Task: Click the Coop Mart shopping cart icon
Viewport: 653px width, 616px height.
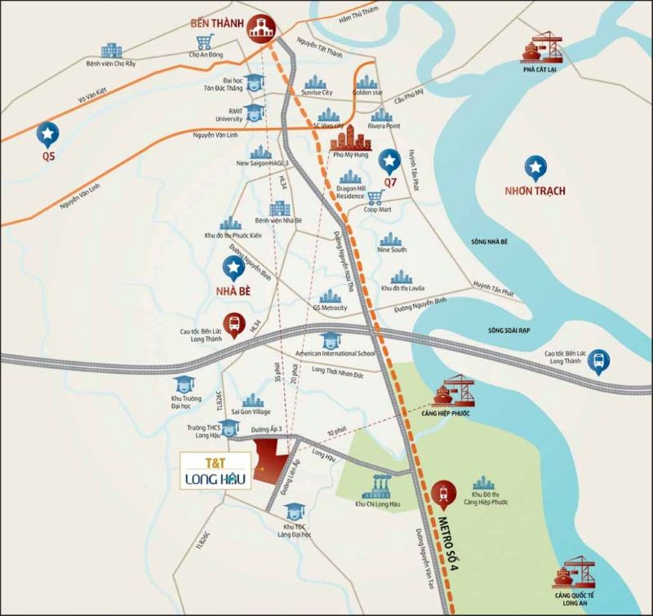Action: click(x=375, y=197)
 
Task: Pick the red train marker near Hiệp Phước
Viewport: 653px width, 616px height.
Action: click(x=444, y=492)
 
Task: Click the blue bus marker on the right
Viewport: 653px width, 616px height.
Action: click(x=600, y=360)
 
